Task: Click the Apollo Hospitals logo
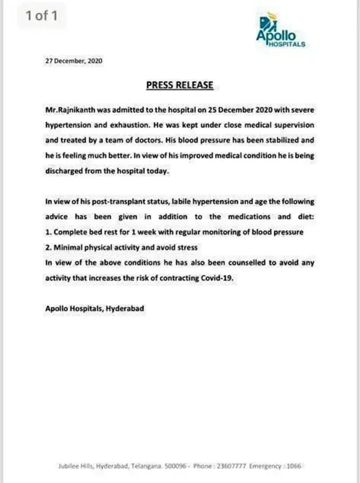(x=280, y=31)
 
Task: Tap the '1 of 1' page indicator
(x=41, y=15)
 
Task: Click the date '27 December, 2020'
(x=74, y=61)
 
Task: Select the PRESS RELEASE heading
(x=179, y=85)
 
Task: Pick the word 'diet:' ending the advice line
(x=304, y=216)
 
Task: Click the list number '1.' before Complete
(x=48, y=232)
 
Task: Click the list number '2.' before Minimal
(x=48, y=247)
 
